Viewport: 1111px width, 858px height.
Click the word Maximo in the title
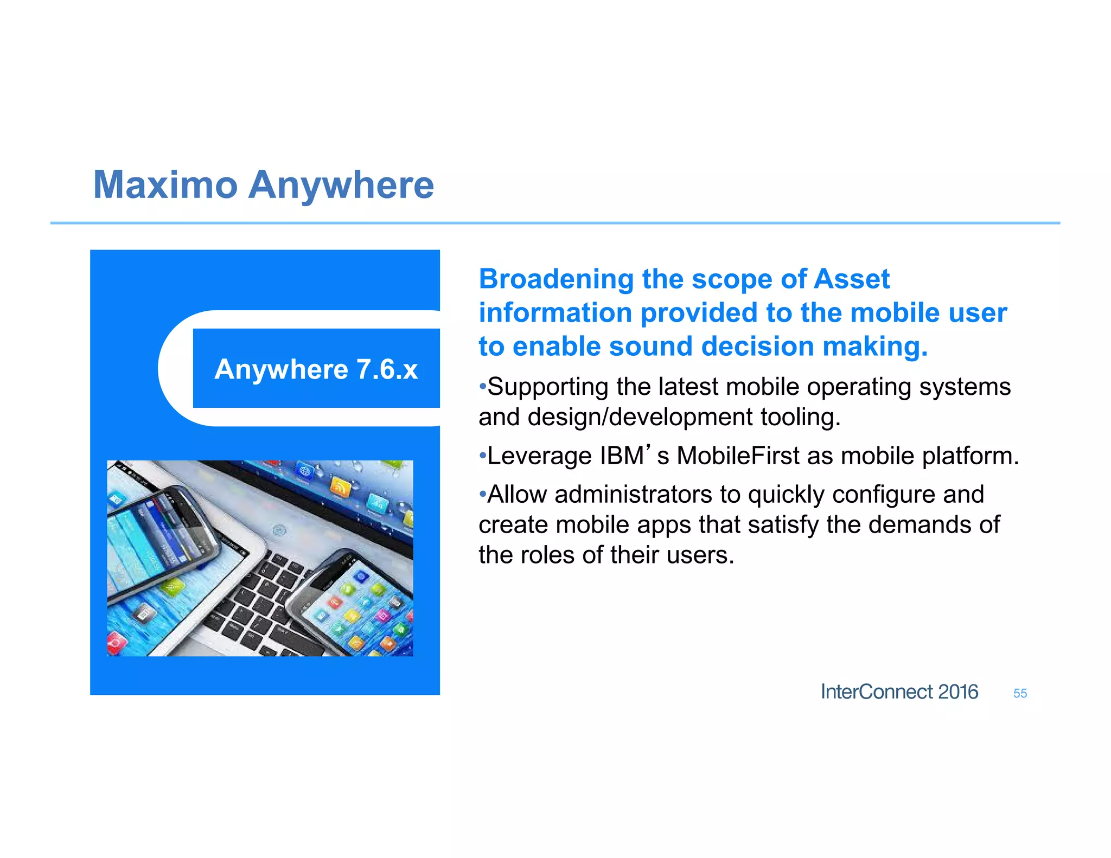click(x=165, y=185)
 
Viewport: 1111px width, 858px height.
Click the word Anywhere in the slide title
click(x=341, y=185)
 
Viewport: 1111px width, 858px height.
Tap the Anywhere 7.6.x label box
click(x=316, y=369)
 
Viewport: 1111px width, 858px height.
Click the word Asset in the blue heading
click(x=852, y=279)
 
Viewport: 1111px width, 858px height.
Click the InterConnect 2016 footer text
click(x=899, y=692)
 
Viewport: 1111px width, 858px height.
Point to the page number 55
click(x=1020, y=694)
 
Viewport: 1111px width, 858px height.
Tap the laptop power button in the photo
click(x=279, y=530)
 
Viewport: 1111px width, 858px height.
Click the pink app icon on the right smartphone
click(x=382, y=614)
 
